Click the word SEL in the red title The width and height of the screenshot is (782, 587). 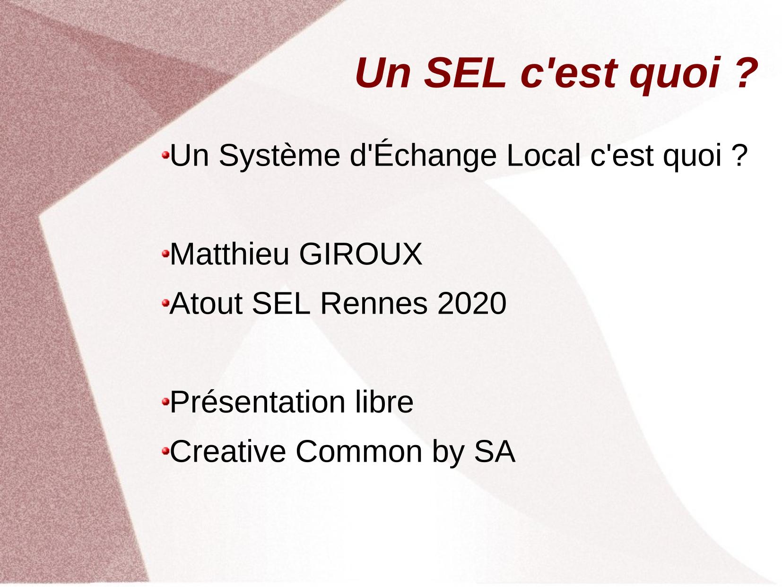coord(465,73)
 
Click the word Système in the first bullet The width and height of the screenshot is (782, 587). coord(279,156)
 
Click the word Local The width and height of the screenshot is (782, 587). coord(543,155)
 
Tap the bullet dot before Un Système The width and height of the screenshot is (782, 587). coord(165,155)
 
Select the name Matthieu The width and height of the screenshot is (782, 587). coord(229,254)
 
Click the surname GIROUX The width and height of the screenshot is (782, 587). coord(361,254)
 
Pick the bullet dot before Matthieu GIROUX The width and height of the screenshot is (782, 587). coord(165,254)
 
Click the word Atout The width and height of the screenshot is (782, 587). coord(206,303)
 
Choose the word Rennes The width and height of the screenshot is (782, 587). coord(374,303)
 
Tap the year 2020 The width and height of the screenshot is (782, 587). coord(472,303)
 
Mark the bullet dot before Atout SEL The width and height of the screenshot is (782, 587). coord(165,303)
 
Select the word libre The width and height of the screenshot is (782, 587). coord(384,402)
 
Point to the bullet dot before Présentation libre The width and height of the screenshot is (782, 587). coord(165,402)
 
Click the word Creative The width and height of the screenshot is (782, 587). coord(228,452)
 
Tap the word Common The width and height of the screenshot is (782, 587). coord(359,452)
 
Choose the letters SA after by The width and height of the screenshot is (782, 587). coord(495,452)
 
